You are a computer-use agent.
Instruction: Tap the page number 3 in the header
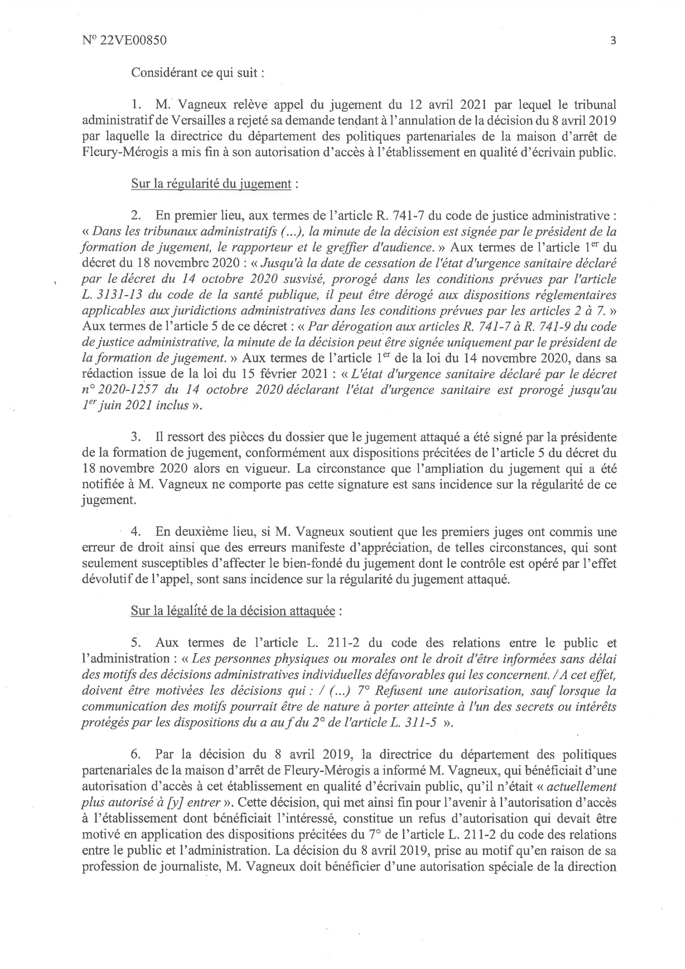[x=613, y=41]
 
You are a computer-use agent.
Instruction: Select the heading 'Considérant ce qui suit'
[x=198, y=73]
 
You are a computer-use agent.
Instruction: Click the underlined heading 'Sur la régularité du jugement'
[x=211, y=184]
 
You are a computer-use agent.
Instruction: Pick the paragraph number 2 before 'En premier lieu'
[x=135, y=216]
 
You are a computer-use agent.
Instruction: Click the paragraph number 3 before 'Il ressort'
[x=135, y=437]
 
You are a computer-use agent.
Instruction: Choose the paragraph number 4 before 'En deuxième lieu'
[x=135, y=532]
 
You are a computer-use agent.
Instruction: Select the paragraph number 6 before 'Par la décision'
[x=135, y=754]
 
